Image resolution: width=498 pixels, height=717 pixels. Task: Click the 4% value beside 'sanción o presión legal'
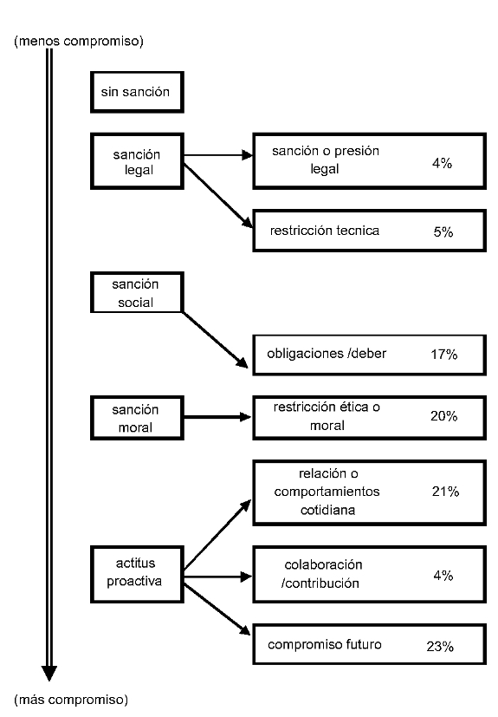tap(443, 163)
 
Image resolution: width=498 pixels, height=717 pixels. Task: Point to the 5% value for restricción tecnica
tap(443, 231)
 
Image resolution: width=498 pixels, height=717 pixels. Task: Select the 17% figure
tap(444, 354)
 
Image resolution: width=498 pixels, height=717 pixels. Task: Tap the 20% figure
tap(444, 416)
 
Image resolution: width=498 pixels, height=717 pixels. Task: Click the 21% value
tap(445, 492)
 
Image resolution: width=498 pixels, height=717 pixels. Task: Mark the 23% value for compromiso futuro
tap(440, 646)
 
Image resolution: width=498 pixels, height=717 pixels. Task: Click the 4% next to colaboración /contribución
tap(443, 575)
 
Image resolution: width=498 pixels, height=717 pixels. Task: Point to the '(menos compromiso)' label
tap(79, 41)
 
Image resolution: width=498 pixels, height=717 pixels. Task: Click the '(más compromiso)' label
tap(71, 699)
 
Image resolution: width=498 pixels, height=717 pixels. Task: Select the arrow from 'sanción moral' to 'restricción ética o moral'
tap(217, 417)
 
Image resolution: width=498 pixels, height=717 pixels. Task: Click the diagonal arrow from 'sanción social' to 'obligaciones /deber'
tap(215, 340)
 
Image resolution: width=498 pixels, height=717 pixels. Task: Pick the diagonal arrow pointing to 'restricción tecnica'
tap(218, 196)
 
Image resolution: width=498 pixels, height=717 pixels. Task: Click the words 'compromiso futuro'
tap(325, 645)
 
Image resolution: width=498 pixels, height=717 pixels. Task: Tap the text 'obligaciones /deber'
tap(327, 354)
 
